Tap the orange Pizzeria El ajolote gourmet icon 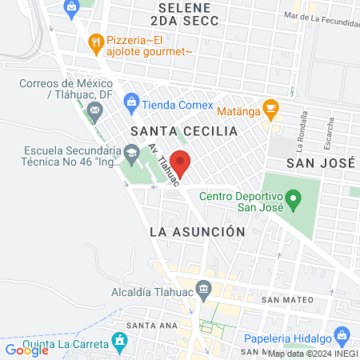(x=96, y=42)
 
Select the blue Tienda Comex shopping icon (x=130, y=102)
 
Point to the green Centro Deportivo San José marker (x=293, y=197)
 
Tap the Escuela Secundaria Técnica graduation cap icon (x=130, y=153)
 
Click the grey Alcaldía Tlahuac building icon (x=205, y=288)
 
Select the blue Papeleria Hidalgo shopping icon (x=342, y=334)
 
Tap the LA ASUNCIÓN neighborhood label (x=196, y=230)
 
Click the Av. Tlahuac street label (x=163, y=163)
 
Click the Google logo (x=26, y=350)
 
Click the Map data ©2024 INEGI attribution (x=313, y=354)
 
